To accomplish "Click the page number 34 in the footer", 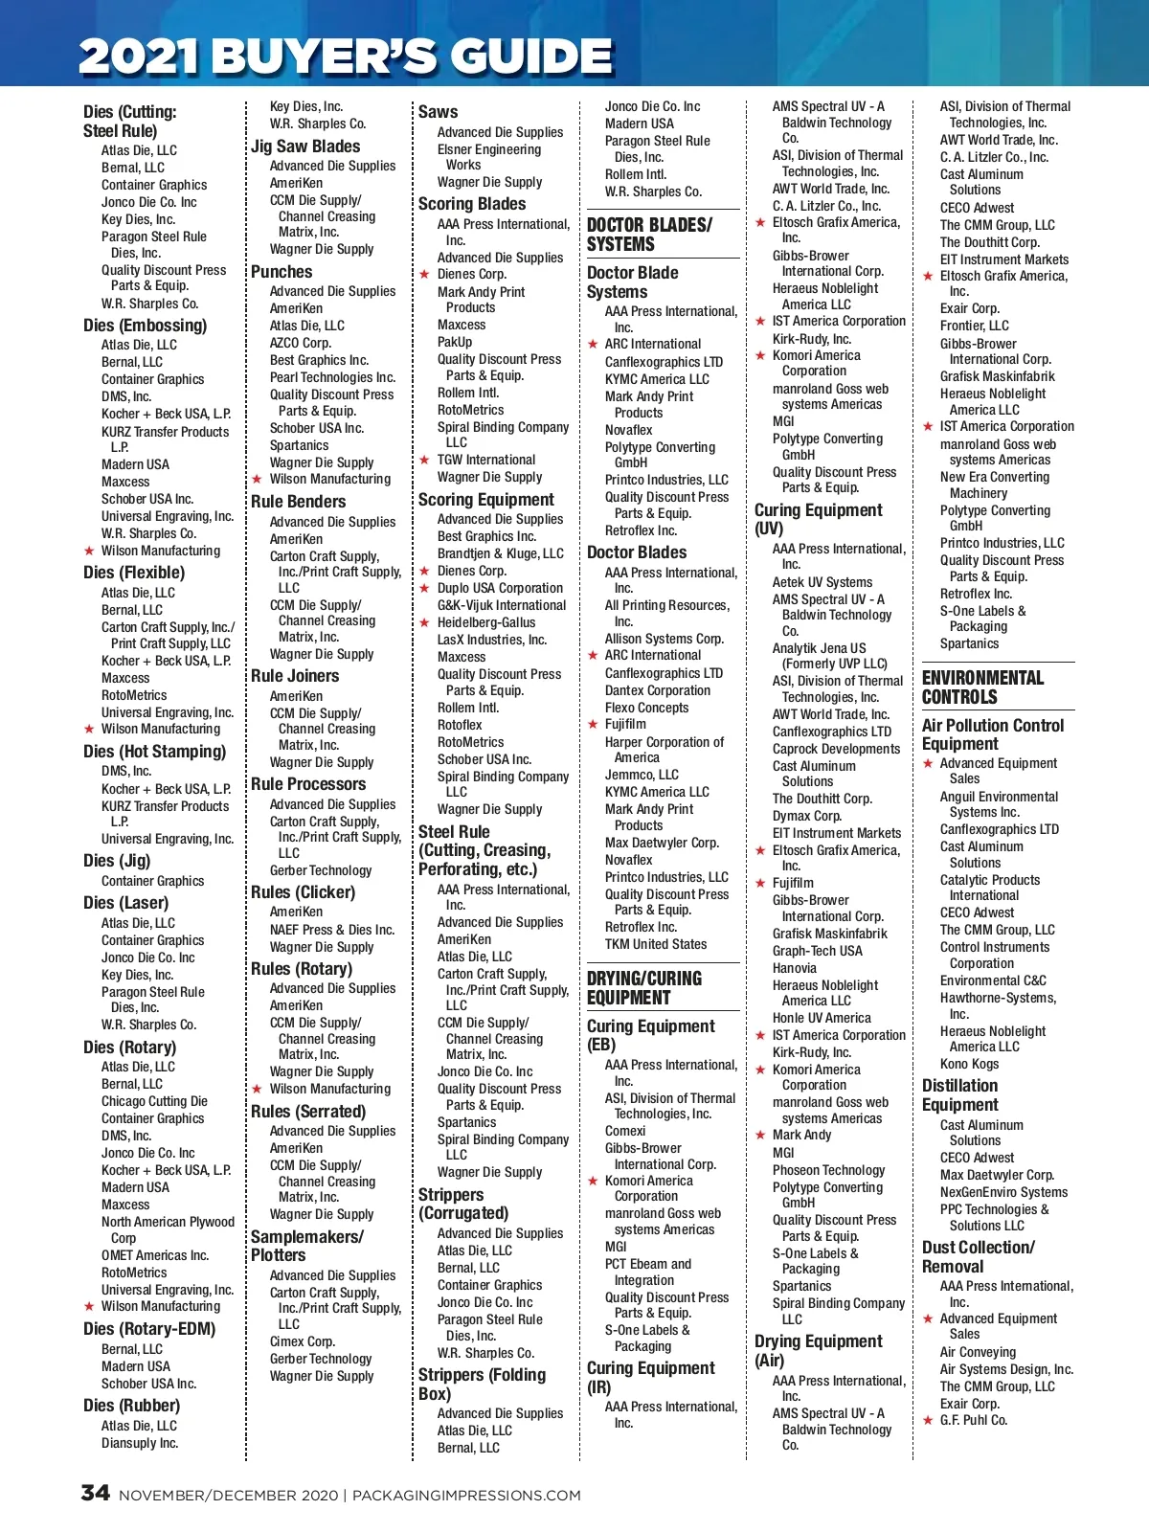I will [95, 1493].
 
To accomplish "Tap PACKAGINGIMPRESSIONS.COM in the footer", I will [466, 1496].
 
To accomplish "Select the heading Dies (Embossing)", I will [145, 326].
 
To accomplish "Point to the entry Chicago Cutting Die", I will [154, 1101].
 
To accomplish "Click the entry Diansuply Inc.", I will [140, 1443].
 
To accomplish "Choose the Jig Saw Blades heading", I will [305, 146].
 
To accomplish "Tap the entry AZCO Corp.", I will [300, 343].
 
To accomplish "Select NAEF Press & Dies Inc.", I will [331, 930].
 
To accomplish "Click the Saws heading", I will [438, 112].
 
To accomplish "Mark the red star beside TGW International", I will [424, 461].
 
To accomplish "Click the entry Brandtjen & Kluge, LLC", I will [500, 553].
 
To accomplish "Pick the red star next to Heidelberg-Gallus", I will [424, 623].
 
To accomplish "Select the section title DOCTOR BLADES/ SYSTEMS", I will [649, 235].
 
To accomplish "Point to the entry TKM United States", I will [655, 944].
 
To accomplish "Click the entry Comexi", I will [625, 1131].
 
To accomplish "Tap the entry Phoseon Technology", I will [828, 1170].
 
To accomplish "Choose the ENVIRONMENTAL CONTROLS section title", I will [982, 687].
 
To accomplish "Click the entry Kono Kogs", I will [969, 1064].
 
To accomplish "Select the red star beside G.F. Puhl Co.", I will [928, 1421].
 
